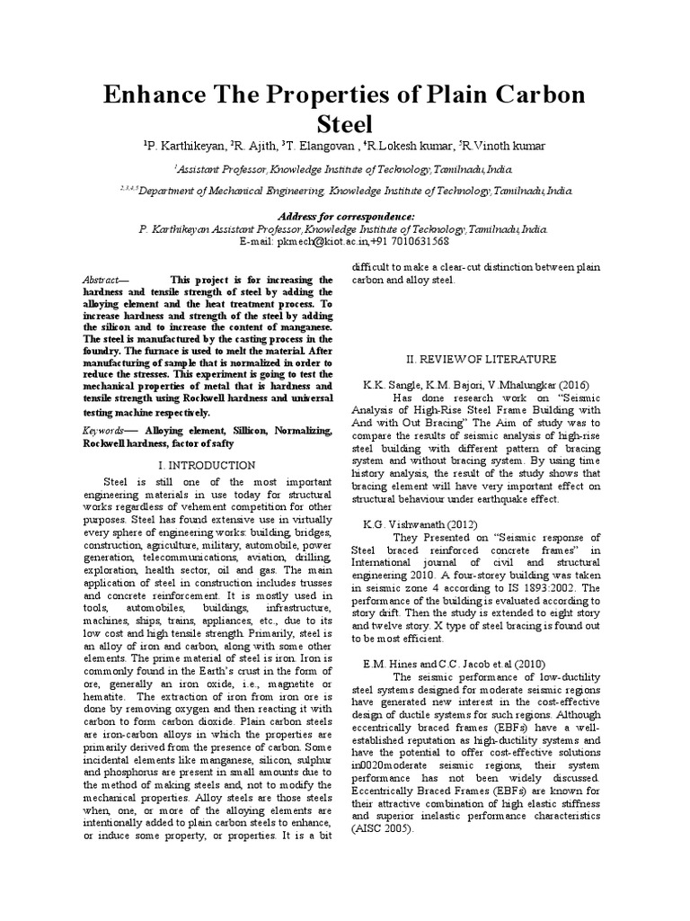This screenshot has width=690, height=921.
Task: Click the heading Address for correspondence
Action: pyautogui.click(x=346, y=217)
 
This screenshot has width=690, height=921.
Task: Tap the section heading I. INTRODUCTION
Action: pyautogui.click(x=207, y=465)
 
